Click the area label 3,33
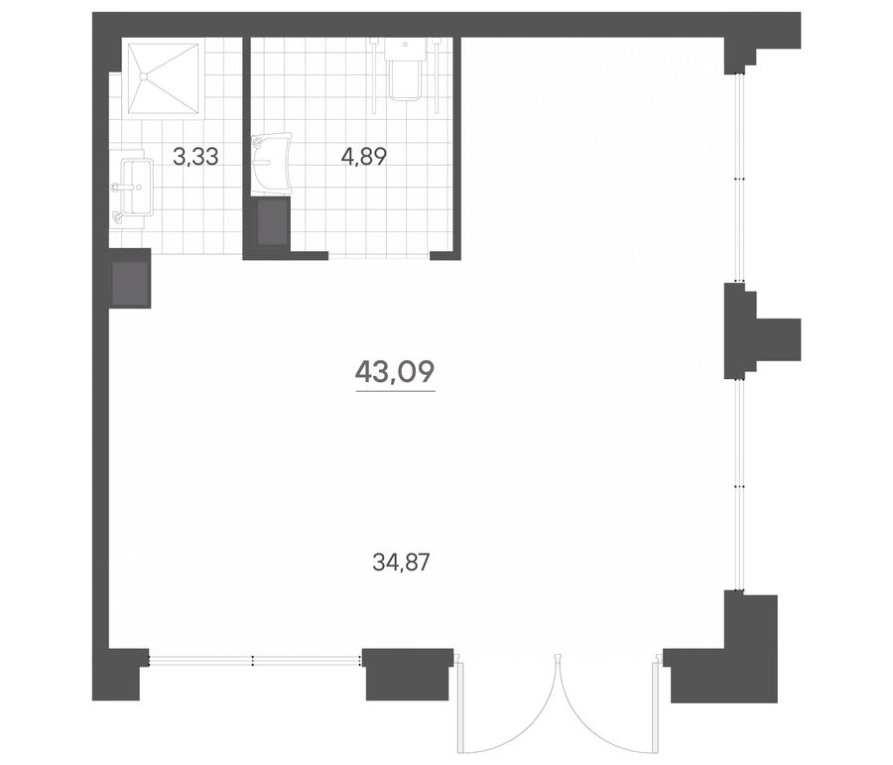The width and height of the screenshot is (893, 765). tap(195, 156)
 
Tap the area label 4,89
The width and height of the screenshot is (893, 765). tap(363, 156)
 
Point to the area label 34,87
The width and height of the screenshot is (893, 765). tap(400, 563)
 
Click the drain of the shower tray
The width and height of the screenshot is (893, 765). tap(145, 75)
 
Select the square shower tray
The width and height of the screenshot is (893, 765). tap(164, 78)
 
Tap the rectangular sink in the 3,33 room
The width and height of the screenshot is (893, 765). tap(137, 187)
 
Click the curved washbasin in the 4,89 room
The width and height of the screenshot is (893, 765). tap(271, 164)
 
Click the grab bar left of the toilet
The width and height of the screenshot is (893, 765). tap(374, 74)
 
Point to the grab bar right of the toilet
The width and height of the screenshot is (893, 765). tap(436, 74)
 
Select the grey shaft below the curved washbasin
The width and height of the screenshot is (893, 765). tap(272, 222)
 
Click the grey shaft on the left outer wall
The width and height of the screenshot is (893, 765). tap(131, 283)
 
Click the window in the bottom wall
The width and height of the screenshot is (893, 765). tap(255, 660)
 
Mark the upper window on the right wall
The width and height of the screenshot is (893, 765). tap(739, 179)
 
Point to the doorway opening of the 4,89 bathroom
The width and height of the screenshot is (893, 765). tap(379, 256)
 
